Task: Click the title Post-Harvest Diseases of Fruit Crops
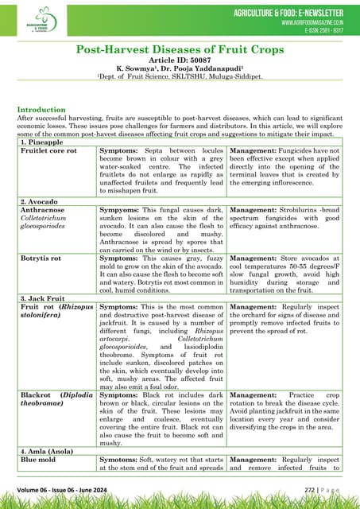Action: (180, 50)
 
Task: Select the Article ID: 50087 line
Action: (180, 60)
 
